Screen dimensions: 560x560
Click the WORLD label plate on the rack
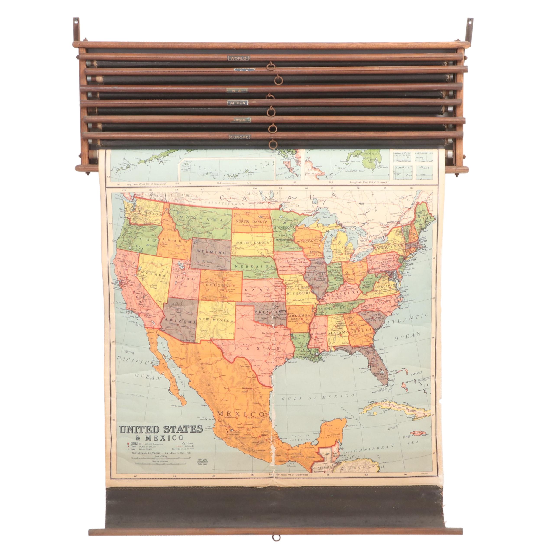click(238, 58)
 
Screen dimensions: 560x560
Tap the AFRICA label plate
click(237, 103)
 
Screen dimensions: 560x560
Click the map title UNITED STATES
click(162, 429)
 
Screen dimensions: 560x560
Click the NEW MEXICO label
click(216, 320)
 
